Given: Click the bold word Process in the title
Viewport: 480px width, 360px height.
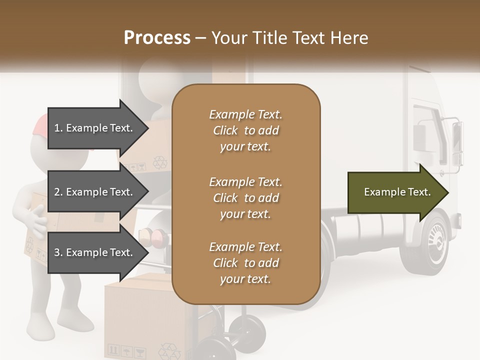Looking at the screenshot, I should click(157, 38).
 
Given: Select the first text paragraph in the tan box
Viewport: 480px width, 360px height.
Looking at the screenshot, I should click(245, 130).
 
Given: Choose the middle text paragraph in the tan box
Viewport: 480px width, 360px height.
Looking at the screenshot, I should click(245, 197).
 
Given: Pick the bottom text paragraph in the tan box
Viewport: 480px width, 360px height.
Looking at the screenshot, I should click(245, 263).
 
